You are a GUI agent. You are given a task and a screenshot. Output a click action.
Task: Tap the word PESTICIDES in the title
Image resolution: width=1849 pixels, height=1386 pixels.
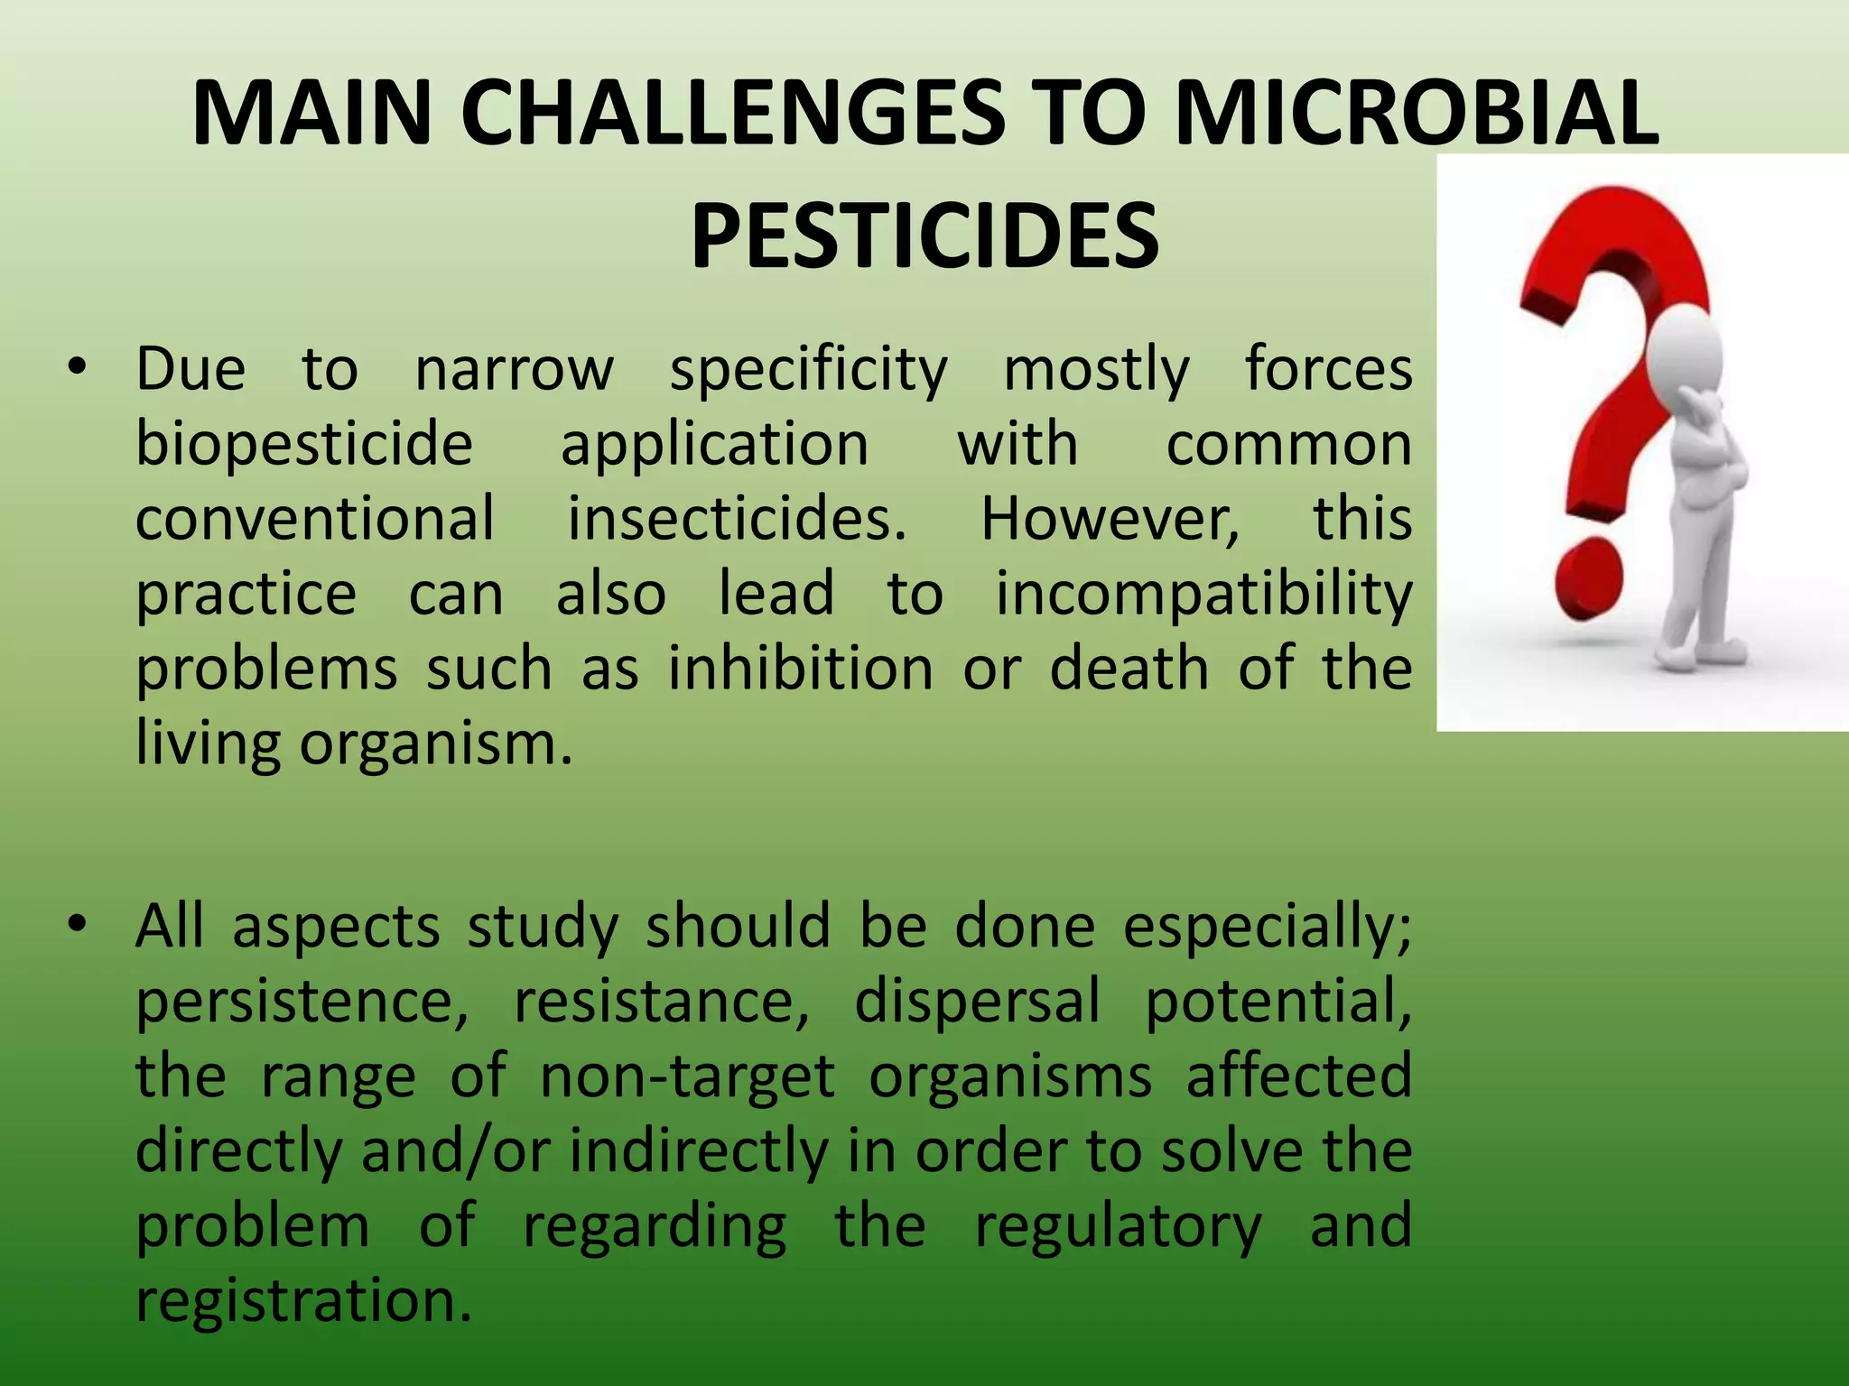click(x=924, y=235)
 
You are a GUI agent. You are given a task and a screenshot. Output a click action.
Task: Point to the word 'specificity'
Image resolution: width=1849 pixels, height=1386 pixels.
click(x=808, y=370)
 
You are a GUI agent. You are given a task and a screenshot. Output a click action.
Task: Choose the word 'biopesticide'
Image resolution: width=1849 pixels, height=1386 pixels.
click(x=304, y=445)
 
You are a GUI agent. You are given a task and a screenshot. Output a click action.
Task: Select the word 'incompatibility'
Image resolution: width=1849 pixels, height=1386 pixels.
click(x=1203, y=595)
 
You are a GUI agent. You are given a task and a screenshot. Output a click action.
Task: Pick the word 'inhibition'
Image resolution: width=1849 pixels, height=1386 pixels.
click(x=801, y=669)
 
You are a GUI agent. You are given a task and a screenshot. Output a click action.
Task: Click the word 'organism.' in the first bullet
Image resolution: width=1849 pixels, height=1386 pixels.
click(x=436, y=745)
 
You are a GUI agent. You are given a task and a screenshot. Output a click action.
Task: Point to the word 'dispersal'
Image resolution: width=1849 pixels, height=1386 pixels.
click(x=977, y=1002)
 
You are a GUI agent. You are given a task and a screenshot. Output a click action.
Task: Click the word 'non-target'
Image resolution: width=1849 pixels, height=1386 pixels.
click(x=687, y=1076)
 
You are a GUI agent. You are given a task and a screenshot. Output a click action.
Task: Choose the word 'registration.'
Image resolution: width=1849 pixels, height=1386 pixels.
click(x=304, y=1301)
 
